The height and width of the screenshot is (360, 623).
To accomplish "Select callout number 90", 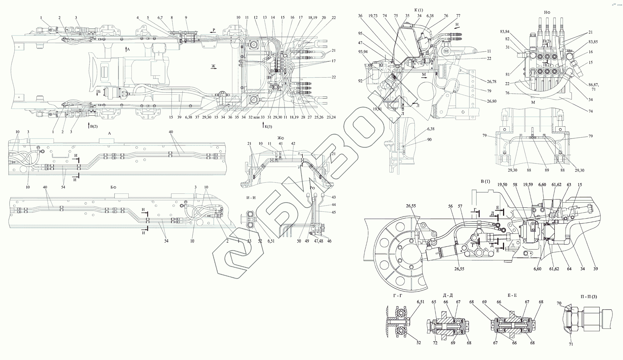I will pos(429,140).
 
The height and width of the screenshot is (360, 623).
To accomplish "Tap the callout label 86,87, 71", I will pos(585,87).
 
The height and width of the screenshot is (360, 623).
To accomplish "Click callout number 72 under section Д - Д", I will pos(435,343).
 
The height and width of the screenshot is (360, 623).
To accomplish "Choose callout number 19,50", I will pos(502,185).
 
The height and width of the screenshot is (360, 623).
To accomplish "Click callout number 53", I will pos(249,241).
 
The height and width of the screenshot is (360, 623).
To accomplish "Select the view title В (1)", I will pos(486,182).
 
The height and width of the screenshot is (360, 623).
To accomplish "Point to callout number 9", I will pos(186,18).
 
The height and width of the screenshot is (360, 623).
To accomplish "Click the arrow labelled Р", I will pos(213,31).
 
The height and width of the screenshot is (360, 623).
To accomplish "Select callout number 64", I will pos(569,269).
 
